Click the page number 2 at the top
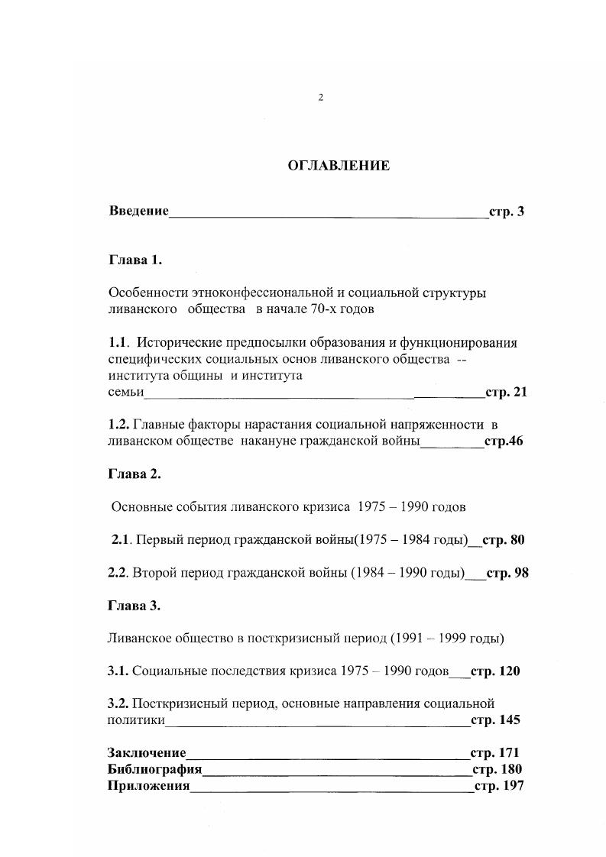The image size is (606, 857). coord(321,97)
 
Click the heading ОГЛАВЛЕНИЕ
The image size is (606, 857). coord(338,166)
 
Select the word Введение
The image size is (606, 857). coord(138,212)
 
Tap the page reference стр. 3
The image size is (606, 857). coord(506,212)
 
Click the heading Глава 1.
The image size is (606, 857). coord(135,260)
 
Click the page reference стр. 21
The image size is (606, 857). coord(506,393)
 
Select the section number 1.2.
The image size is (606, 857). coord(119,424)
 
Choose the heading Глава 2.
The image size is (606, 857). coord(135,474)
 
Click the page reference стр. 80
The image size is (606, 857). coord(504,540)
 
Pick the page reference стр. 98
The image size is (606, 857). coord(507,572)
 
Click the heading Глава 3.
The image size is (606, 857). coord(135,605)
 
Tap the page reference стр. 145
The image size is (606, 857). coord(495,720)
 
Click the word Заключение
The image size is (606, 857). coord(147,753)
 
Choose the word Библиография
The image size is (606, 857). coord(155,769)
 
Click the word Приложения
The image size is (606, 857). coord(148,786)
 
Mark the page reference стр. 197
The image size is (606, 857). coord(499,786)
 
